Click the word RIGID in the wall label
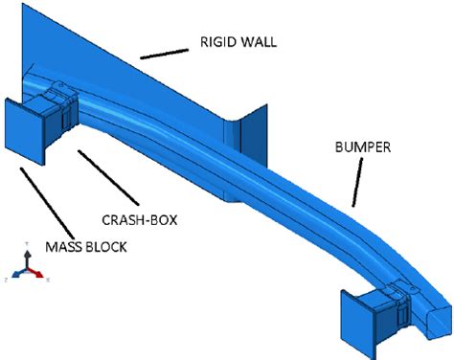[220, 42]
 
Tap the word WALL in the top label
[261, 42]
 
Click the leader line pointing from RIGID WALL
[164, 50]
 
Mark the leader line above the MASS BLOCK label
[38, 202]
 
